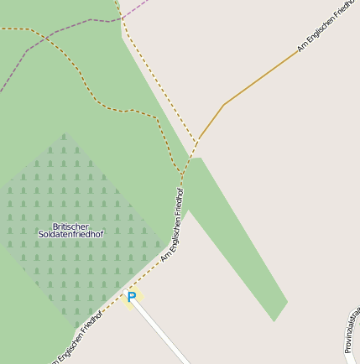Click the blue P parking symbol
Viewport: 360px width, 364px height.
tap(131, 297)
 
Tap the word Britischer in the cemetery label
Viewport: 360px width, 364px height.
tap(70, 226)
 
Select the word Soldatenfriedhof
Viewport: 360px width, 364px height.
tap(70, 235)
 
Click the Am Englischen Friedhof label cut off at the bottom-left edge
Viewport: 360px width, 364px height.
tap(77, 339)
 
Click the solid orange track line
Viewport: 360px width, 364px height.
tap(260, 77)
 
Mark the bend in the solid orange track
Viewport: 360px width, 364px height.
tap(224, 104)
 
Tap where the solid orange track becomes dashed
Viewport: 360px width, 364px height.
tap(199, 139)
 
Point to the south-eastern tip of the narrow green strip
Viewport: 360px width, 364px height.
tap(274, 320)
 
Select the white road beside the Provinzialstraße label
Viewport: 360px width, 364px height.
tap(349, 352)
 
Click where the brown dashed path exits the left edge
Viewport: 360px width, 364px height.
tap(3, 29)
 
